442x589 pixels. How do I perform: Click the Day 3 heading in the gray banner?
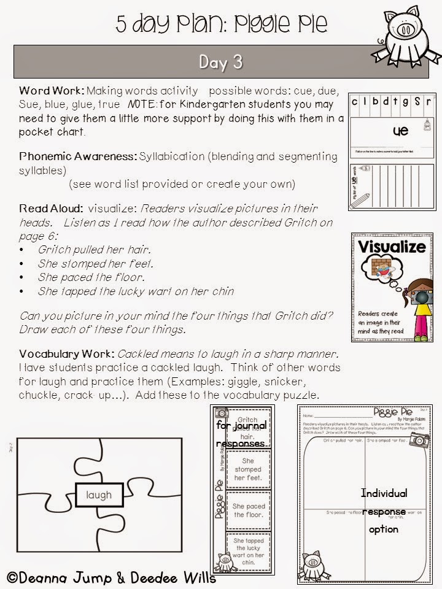(220, 63)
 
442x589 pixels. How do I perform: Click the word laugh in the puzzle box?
(99, 495)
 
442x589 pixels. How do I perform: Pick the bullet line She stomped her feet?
(95, 264)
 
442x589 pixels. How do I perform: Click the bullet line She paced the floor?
(91, 277)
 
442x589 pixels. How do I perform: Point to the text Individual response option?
(384, 510)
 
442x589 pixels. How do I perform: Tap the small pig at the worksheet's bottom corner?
(312, 561)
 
